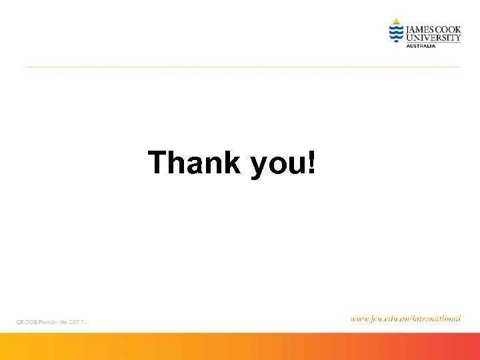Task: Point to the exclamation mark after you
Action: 311,163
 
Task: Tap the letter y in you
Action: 259,167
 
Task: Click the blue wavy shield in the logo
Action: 397,33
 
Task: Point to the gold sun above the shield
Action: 397,21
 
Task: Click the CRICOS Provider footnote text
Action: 52,322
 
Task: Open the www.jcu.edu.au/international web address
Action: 405,319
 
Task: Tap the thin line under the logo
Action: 243,67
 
